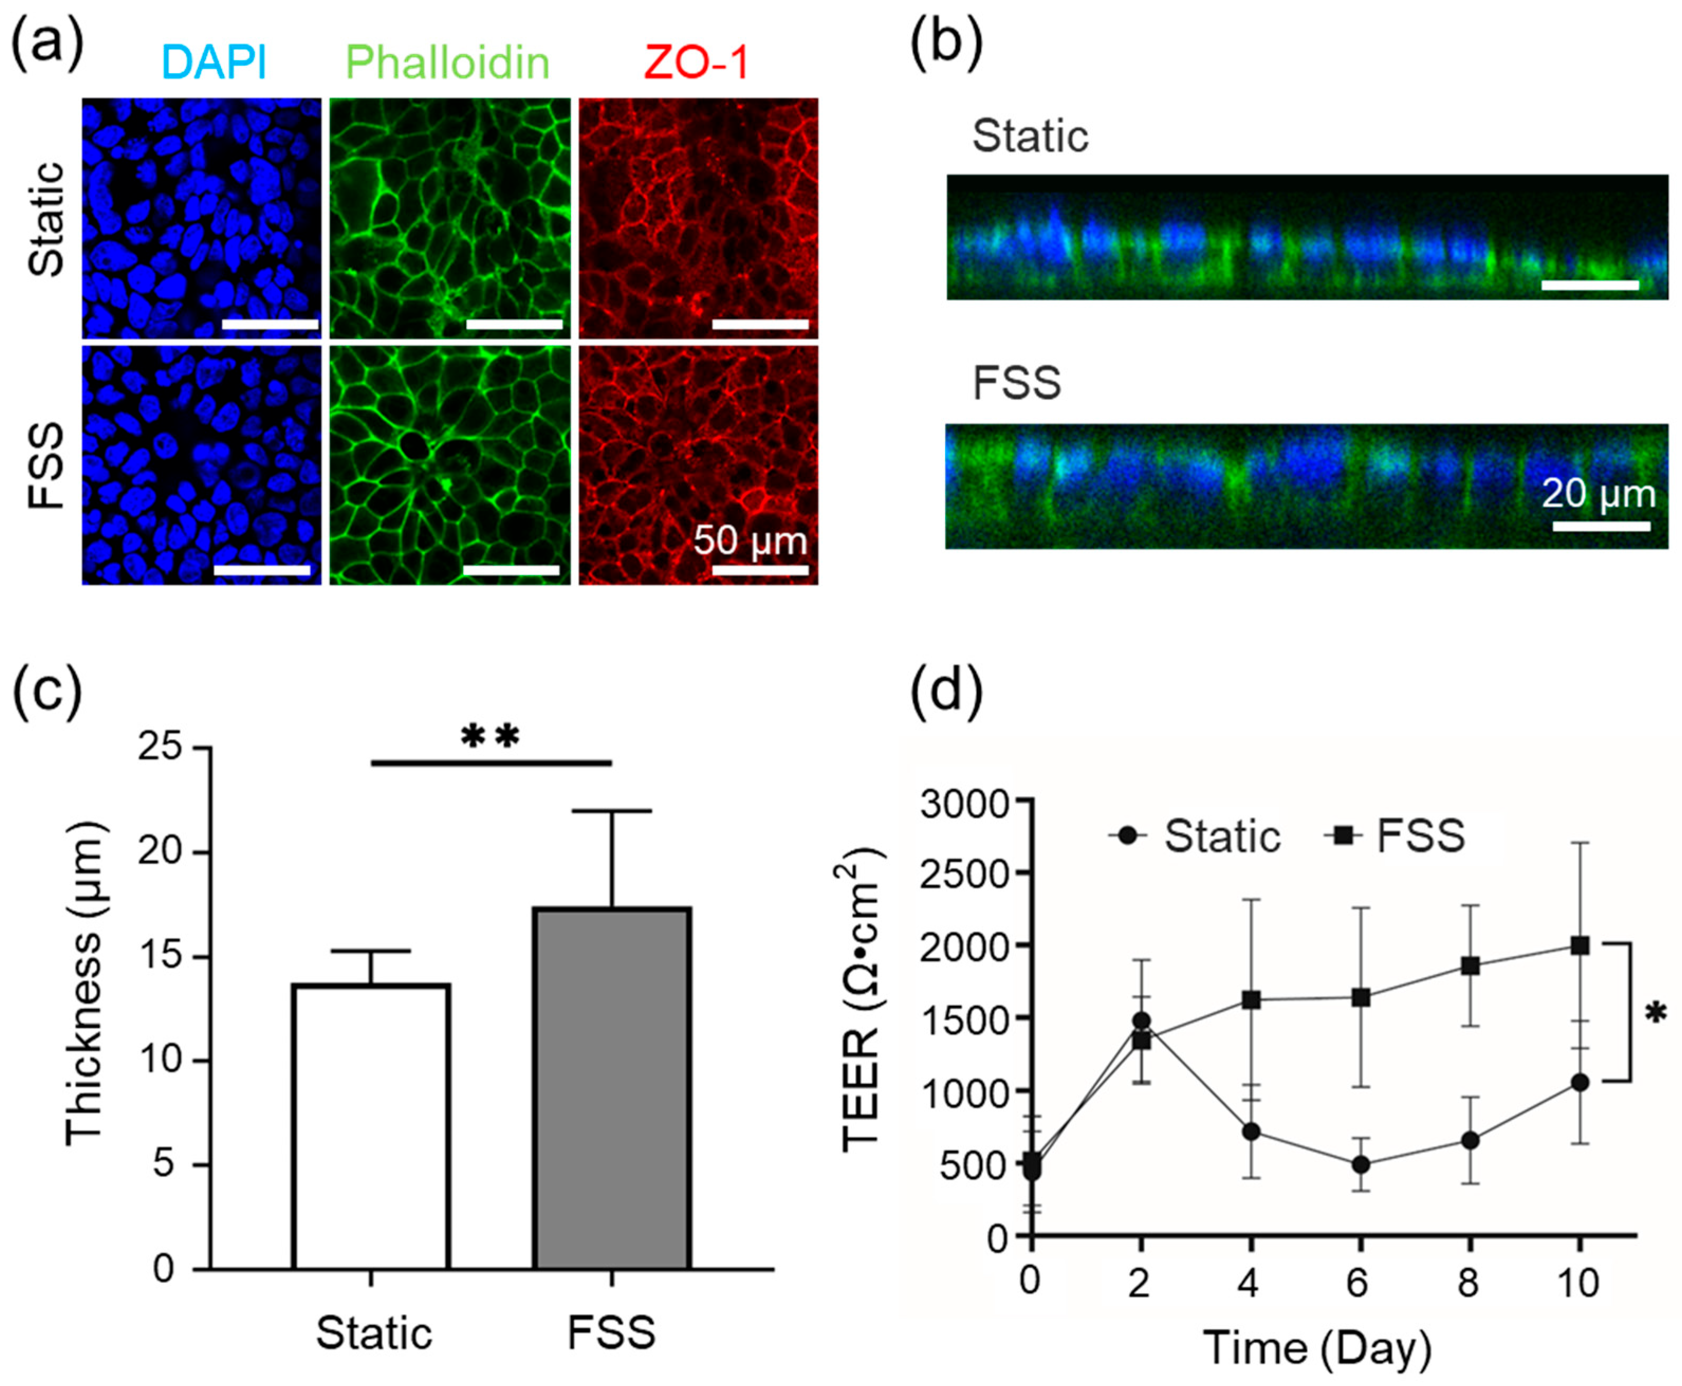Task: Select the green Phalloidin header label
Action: coord(447,62)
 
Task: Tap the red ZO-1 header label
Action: coord(696,62)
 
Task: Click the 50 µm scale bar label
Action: coord(750,541)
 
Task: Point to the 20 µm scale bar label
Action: coord(1598,493)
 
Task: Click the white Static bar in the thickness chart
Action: coord(371,1126)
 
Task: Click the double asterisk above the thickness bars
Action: coord(490,736)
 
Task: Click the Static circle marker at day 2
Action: coord(1142,1020)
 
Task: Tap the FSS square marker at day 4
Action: coord(1251,1000)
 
